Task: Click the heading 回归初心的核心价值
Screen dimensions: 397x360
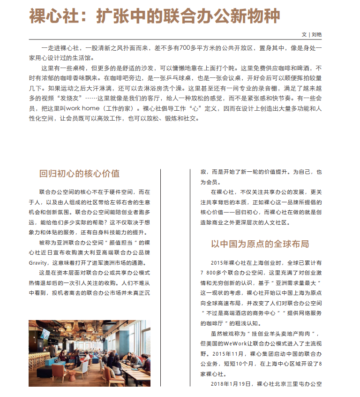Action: (79, 174)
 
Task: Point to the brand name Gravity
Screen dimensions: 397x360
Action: (39, 262)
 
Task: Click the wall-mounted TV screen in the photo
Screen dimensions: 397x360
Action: (45, 334)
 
